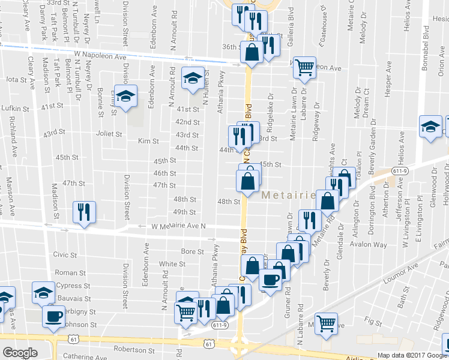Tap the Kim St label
coord(148,142)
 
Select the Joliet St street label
coord(110,134)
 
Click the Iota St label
coord(17,79)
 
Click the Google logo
coord(20,353)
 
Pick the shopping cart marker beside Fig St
coord(326,324)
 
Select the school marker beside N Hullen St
coord(192,79)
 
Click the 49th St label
coord(184,212)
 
